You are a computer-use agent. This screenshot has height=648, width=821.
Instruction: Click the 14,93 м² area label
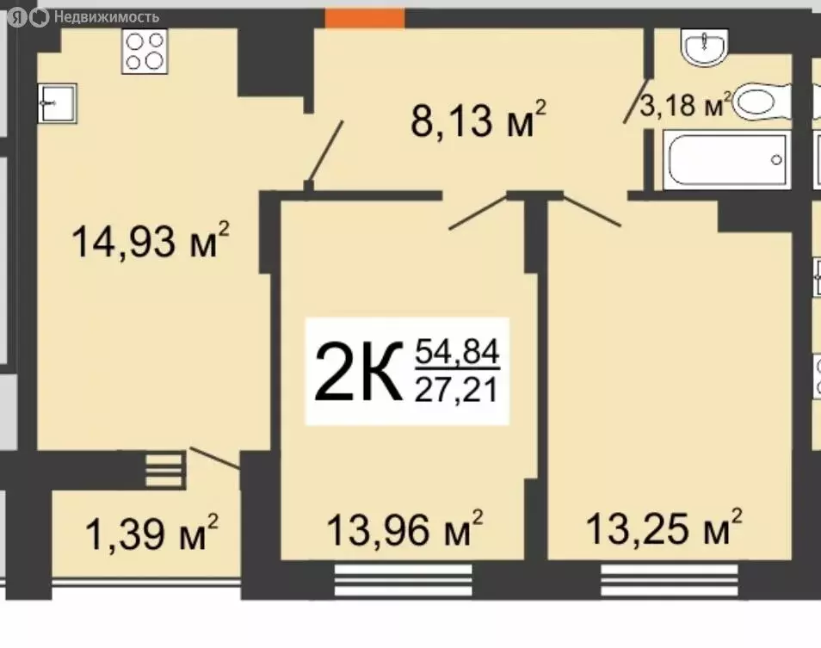point(151,242)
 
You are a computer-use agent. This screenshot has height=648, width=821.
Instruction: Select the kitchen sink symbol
point(57,102)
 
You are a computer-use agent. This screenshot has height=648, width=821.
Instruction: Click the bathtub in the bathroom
point(727,159)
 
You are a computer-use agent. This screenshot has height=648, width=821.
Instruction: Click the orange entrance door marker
point(365,17)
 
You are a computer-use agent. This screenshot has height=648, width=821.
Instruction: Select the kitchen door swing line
point(325,153)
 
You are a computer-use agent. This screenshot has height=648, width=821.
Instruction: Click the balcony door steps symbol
point(164,470)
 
